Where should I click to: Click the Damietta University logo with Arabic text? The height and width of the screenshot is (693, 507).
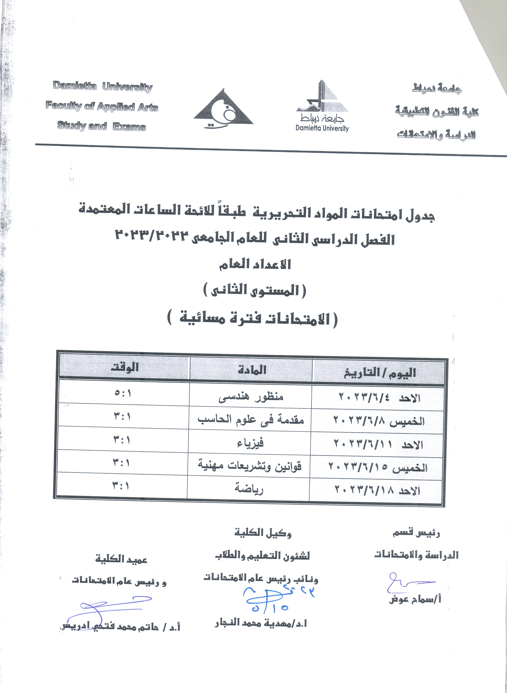pos(322,106)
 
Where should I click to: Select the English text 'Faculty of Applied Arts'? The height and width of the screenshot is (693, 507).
pos(102,107)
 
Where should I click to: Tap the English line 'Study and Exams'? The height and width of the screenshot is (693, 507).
pos(101,126)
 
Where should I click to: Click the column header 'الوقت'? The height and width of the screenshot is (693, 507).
pos(125,367)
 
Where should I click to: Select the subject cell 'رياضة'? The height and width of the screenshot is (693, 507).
pos(249,489)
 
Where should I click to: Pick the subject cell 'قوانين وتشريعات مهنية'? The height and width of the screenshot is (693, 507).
pos(249,466)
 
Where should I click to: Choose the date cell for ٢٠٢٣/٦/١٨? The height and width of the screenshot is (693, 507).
pos(377,490)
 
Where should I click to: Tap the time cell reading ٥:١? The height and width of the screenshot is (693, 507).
pos(123,393)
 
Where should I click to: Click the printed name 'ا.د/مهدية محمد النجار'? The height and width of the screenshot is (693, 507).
pos(261,623)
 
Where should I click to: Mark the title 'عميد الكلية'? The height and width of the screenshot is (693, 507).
pos(121,559)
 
